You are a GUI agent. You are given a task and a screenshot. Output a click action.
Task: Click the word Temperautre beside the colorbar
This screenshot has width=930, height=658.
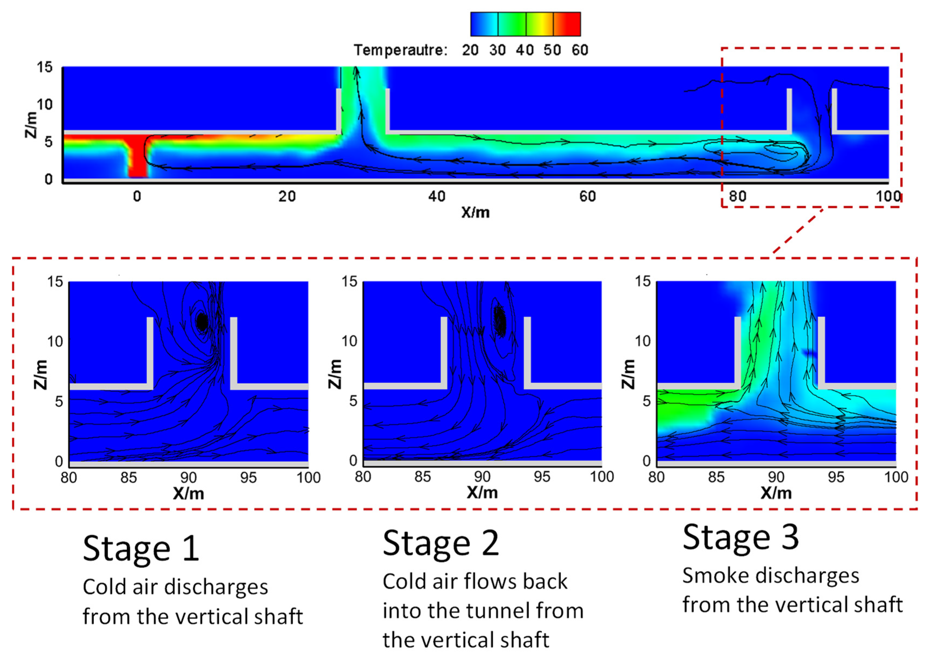click(x=400, y=50)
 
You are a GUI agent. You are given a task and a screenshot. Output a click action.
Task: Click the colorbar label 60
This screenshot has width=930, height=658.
click(x=580, y=50)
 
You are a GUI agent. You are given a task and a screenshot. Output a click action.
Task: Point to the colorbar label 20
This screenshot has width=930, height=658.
click(x=470, y=50)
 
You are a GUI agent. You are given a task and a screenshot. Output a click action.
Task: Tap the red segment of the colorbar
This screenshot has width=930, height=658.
click(x=567, y=24)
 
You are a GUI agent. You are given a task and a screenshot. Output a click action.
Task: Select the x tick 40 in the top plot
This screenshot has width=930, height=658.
click(x=437, y=197)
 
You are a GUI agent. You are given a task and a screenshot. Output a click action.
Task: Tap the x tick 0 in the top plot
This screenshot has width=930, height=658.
click(x=137, y=197)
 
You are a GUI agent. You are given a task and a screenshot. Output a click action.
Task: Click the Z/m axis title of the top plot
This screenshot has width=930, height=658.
click(x=32, y=124)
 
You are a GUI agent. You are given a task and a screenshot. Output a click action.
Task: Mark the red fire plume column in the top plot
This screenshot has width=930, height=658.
click(x=138, y=158)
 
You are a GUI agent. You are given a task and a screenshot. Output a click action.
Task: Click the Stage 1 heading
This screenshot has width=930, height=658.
click(x=141, y=549)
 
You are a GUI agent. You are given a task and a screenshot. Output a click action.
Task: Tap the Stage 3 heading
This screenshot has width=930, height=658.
click(x=740, y=537)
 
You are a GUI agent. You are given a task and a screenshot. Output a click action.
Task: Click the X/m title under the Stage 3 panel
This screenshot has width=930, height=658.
click(x=776, y=493)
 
